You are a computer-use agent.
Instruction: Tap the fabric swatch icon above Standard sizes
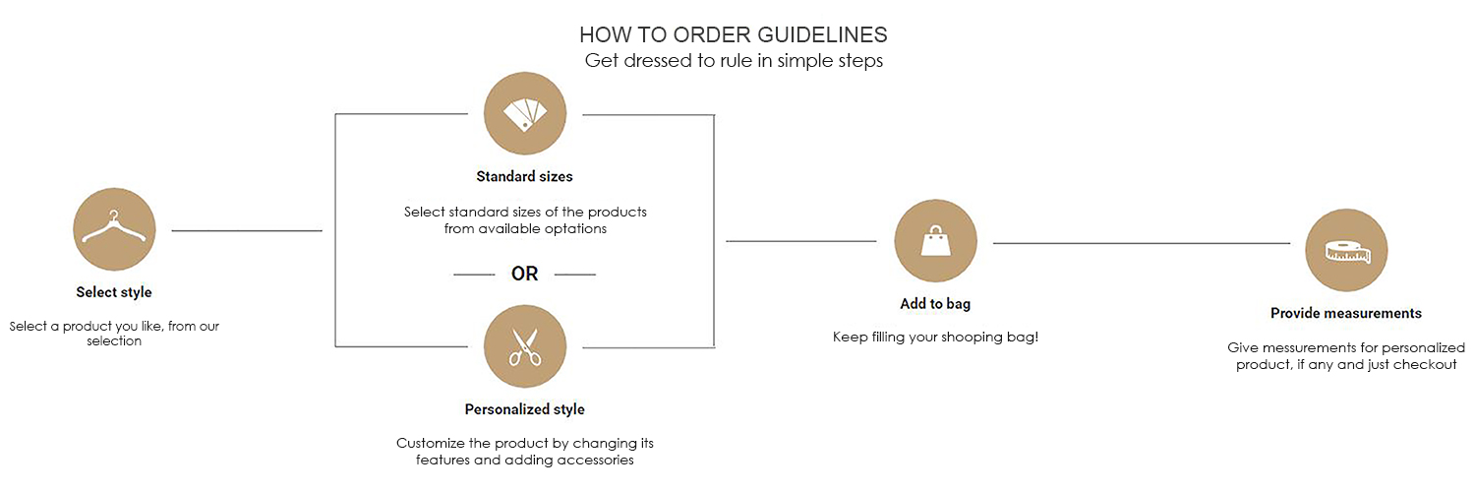pyautogui.click(x=525, y=113)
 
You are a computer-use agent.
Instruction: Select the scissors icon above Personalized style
pyautogui.click(x=525, y=346)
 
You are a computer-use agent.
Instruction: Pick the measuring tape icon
pyautogui.click(x=1346, y=250)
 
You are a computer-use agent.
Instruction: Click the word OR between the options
pyautogui.click(x=525, y=274)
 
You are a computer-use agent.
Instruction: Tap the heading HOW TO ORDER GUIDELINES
pyautogui.click(x=734, y=34)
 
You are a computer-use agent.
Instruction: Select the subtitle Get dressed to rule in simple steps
pyautogui.click(x=734, y=61)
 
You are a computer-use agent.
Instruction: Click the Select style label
pyautogui.click(x=114, y=292)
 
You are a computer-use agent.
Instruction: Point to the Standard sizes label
pyautogui.click(x=525, y=176)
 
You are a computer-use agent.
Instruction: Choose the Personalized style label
pyautogui.click(x=525, y=409)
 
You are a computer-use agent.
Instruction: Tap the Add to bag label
pyautogui.click(x=935, y=304)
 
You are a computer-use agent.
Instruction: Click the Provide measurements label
pyautogui.click(x=1346, y=313)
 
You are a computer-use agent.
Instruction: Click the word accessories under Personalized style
pyautogui.click(x=595, y=460)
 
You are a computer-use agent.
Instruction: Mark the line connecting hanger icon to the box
pyautogui.click(x=247, y=230)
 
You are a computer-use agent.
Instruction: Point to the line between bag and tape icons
pyautogui.click(x=1142, y=243)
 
